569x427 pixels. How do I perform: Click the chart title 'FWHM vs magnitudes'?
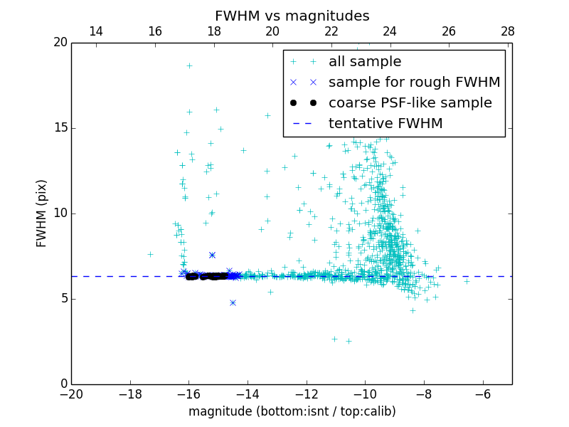click(292, 16)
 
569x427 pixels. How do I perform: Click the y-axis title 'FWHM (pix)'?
click(42, 213)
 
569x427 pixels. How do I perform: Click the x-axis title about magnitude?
click(292, 411)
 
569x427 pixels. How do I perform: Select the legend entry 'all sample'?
click(365, 62)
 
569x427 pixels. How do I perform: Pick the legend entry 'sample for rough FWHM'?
click(414, 82)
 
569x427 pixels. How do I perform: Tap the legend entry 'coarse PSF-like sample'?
click(410, 102)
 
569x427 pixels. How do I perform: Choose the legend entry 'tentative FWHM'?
click(385, 123)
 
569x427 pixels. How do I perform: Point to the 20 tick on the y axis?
click(60, 43)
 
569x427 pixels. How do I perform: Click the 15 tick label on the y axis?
click(60, 128)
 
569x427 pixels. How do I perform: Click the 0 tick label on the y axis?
click(63, 384)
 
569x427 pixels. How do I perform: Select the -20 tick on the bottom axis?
click(71, 394)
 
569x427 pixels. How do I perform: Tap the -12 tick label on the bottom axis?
click(306, 394)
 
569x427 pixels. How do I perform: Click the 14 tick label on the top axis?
click(95, 31)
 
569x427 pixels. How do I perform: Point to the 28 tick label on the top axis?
click(507, 31)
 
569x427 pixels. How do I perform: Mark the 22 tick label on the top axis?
click(331, 31)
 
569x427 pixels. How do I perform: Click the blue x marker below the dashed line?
click(233, 302)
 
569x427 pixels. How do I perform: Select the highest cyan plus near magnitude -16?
click(189, 65)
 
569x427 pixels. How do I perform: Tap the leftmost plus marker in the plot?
click(150, 254)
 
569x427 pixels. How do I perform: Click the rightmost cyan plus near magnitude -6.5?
click(467, 281)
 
